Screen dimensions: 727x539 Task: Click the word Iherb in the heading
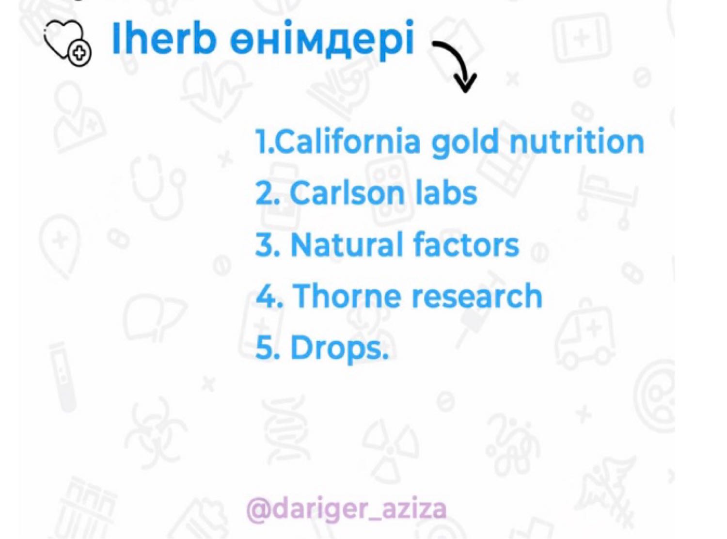coord(162,39)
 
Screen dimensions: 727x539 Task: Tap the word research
coord(477,296)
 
